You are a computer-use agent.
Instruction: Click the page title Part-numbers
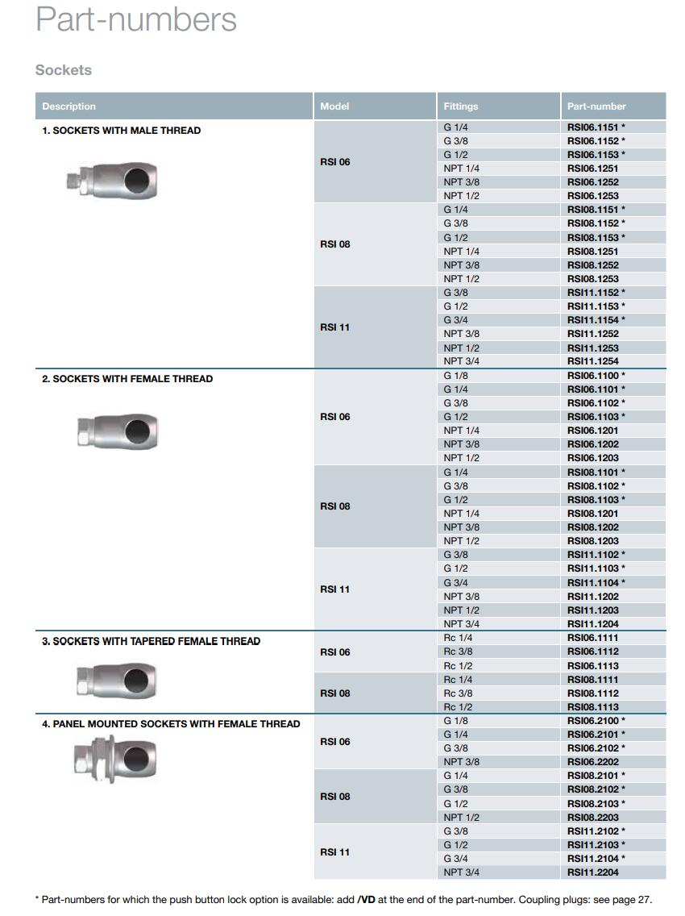coord(136,19)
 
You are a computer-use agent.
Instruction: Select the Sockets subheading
coord(64,70)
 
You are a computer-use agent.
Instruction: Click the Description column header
coord(68,106)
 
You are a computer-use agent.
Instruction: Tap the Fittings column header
coord(460,106)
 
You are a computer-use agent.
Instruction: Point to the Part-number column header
coord(596,106)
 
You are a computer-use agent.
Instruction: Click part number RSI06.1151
coord(592,127)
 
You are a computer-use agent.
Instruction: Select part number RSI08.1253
coord(592,279)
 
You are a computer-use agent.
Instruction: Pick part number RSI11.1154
coord(592,320)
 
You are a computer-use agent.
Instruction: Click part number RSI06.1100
coord(592,376)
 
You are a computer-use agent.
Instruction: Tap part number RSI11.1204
coord(592,624)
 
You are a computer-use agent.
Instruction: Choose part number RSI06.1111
coord(592,638)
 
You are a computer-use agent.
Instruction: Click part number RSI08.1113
coord(592,707)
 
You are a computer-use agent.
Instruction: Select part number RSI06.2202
coord(592,762)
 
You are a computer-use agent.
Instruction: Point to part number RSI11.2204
coord(592,872)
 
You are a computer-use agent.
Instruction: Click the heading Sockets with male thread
coord(121,131)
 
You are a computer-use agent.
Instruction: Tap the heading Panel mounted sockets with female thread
coord(171,724)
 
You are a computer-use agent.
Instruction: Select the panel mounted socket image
coord(114,756)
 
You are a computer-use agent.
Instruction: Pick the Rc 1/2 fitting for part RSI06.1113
coord(458,666)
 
